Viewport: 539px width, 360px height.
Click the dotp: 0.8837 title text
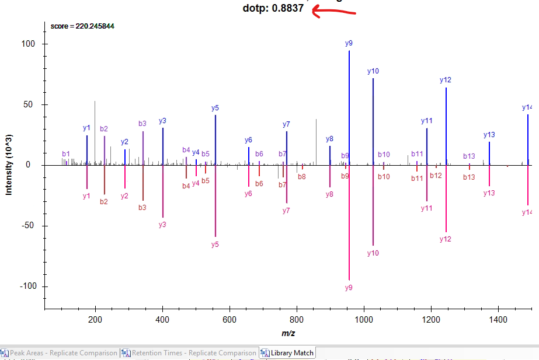273,9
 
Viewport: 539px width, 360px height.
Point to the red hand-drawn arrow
336,11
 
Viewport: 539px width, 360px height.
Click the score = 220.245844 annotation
82,26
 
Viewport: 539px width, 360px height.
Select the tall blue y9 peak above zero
349,105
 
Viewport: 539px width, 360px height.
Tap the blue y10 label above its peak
373,71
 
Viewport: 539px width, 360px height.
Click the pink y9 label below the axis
349,288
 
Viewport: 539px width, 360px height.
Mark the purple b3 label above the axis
142,124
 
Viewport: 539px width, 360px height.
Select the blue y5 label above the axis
215,108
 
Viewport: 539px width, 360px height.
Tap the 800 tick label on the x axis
297,319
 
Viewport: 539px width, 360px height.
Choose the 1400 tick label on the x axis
498,319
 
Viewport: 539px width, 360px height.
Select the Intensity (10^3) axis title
9,165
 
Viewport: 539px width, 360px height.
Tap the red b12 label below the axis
436,176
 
